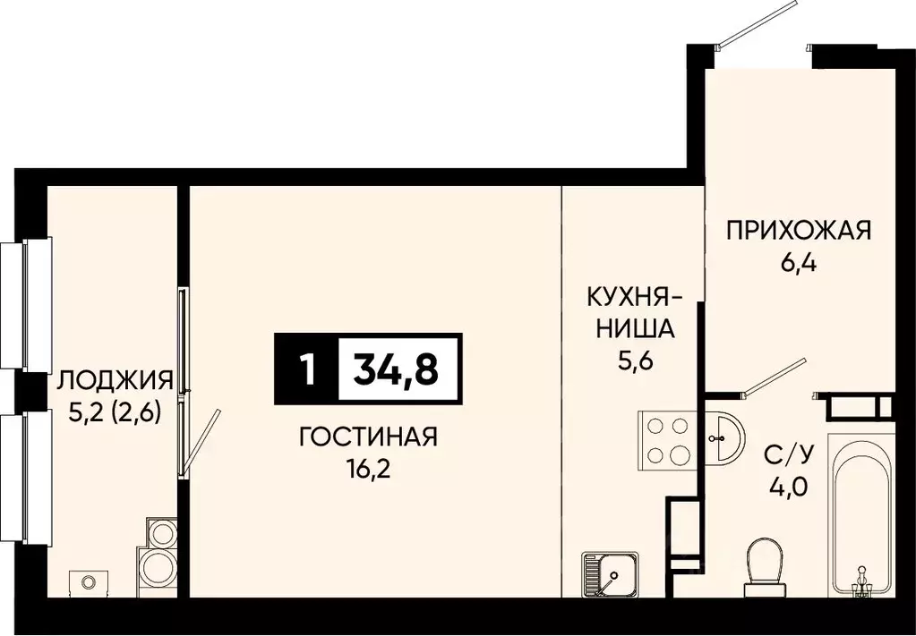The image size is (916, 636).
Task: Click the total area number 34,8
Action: coord(396,369)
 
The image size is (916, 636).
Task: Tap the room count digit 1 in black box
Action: coord(308,369)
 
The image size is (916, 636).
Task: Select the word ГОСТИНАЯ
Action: coord(368,437)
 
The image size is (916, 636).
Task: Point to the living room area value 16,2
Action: coord(368,468)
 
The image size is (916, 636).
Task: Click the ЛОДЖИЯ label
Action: coord(114,382)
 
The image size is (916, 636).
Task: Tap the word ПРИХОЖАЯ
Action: coord(798,232)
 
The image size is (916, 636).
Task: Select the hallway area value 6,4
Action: coord(797,264)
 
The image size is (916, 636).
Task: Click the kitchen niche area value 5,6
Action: coord(629,359)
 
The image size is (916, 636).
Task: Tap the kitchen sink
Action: coord(609,572)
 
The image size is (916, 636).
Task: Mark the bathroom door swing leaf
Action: coord(776,376)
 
